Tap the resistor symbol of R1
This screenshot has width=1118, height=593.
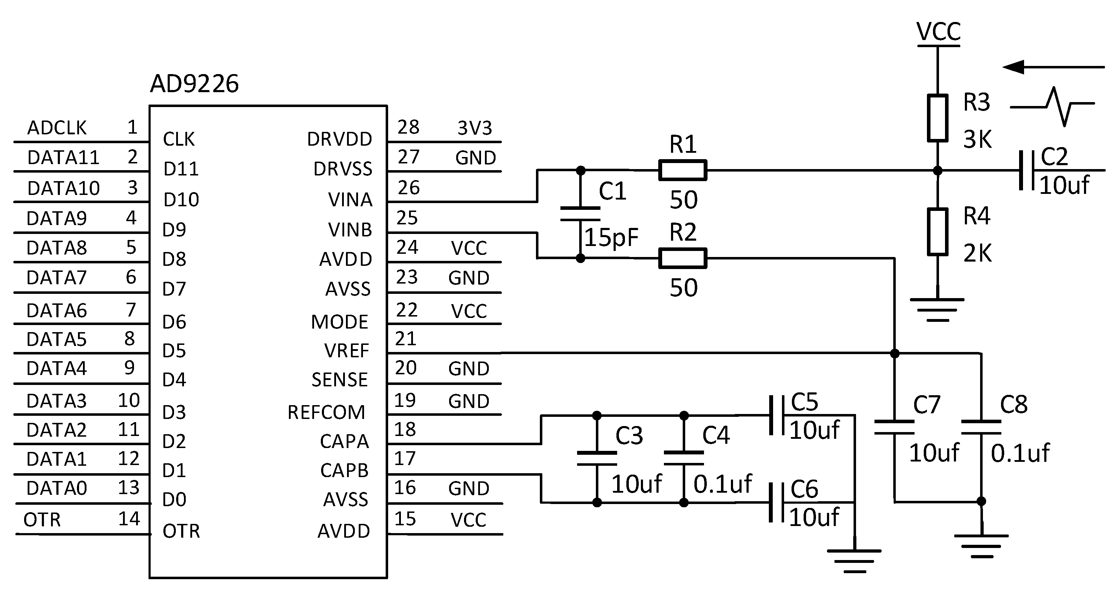tap(682, 170)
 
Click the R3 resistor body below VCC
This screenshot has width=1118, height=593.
tap(938, 118)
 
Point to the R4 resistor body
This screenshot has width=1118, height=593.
tap(938, 232)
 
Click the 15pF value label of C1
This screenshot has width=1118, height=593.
tap(611, 237)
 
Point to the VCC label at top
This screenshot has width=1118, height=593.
tap(938, 32)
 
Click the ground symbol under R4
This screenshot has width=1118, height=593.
tap(938, 309)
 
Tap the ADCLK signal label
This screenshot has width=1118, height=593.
tap(57, 128)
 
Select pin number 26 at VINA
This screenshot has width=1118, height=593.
tap(408, 188)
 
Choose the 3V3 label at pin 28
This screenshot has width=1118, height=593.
tap(475, 128)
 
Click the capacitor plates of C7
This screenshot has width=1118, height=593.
tap(894, 427)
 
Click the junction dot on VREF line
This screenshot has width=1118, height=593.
tap(894, 353)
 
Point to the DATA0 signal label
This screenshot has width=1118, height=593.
tap(57, 488)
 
